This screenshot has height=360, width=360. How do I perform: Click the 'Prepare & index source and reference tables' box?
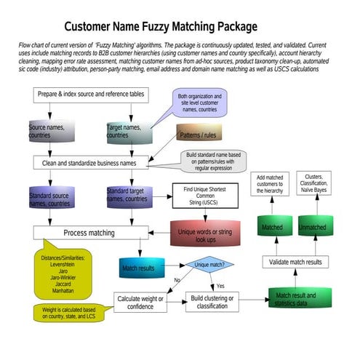point(90,95)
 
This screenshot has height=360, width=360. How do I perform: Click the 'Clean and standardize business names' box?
point(89,163)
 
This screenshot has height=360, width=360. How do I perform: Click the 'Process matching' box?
point(89,233)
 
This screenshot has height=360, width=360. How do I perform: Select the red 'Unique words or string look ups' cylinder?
point(206,233)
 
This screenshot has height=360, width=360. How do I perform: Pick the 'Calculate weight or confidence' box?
point(140,303)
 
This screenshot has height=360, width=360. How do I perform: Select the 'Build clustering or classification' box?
point(212,302)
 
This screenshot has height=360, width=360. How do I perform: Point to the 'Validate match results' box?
point(295,262)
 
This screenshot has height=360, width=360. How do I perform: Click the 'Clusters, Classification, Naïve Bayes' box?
point(314,185)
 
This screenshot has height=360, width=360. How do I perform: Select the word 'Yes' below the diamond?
point(220,286)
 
